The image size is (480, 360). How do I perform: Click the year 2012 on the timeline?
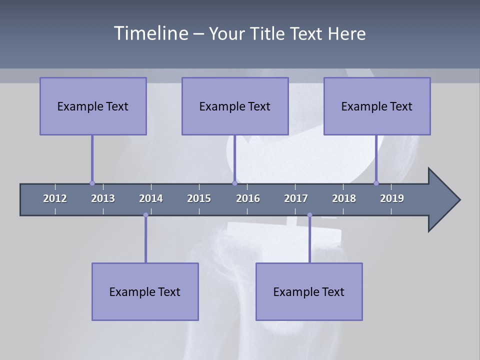tap(55, 198)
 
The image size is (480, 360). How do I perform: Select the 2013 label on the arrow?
tap(103, 198)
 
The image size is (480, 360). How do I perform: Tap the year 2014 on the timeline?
tap(151, 198)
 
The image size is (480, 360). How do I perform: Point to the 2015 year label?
tap(199, 198)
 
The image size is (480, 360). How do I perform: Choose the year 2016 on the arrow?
tap(248, 198)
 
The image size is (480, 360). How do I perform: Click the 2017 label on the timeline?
tap(296, 198)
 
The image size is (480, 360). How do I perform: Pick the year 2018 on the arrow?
tap(344, 198)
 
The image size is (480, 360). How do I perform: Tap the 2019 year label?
tap(392, 198)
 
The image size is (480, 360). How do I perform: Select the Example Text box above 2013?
tap(93, 106)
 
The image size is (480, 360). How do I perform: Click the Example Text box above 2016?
tap(235, 106)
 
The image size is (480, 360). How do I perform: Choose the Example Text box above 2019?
tap(377, 106)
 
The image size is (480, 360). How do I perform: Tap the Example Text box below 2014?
tap(145, 291)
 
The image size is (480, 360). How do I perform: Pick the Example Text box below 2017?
tap(309, 291)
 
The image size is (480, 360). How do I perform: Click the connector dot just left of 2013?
tap(92, 183)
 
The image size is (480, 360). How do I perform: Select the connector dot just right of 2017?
tap(309, 215)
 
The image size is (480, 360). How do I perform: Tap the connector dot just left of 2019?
tap(376, 183)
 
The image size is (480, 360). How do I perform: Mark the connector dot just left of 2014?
tap(145, 215)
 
